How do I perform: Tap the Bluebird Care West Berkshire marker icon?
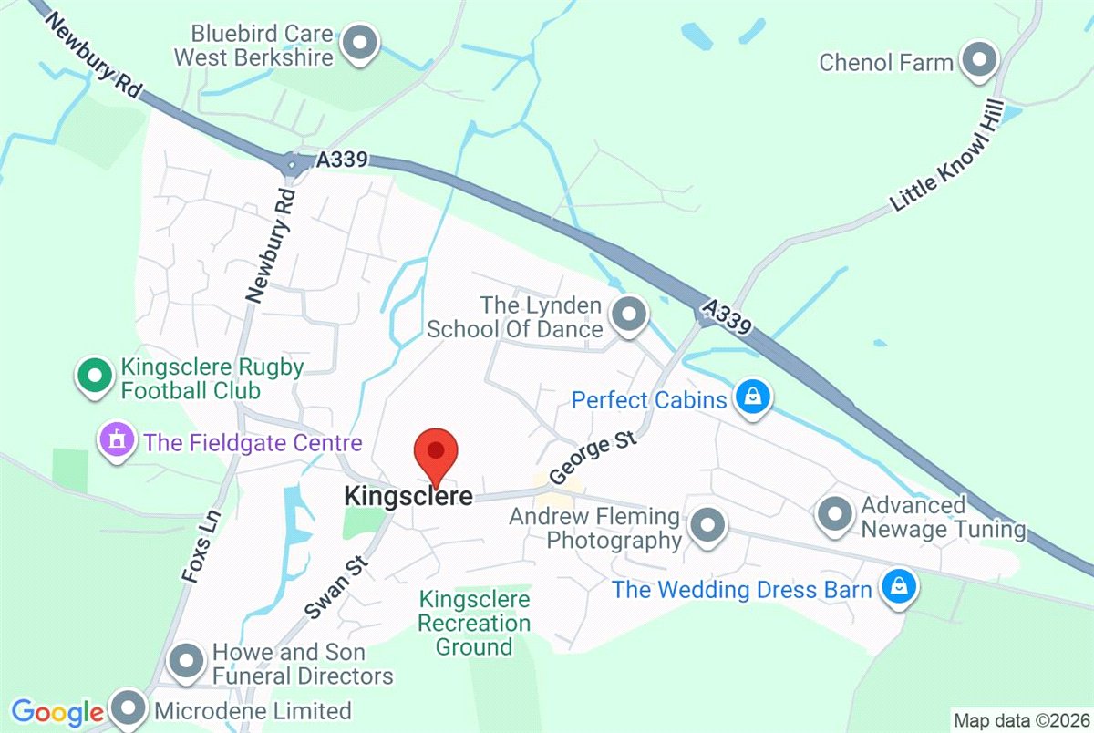(360, 43)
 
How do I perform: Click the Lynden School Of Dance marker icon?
(627, 315)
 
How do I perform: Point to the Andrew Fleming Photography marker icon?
(707, 526)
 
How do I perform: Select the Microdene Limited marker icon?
(129, 708)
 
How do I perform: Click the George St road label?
(591, 459)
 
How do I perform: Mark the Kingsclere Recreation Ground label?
(474, 624)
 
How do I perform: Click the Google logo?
(57, 712)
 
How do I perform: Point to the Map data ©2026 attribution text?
(1020, 718)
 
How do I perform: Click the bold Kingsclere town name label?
(408, 497)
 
